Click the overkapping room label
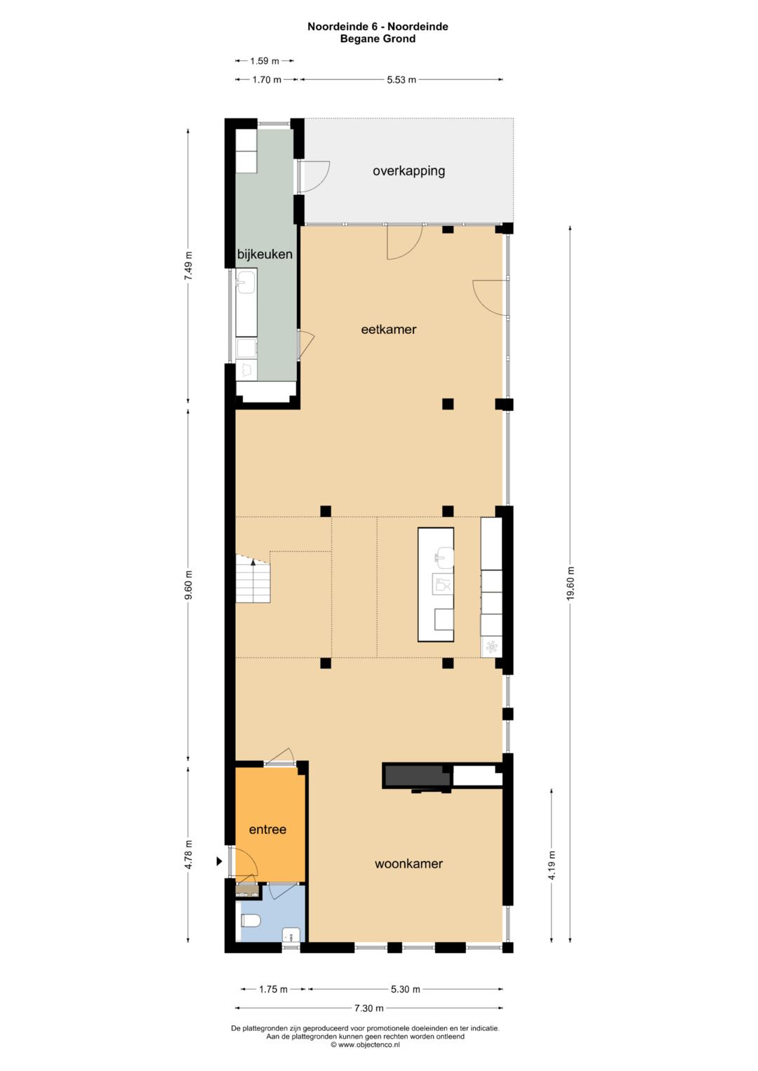pos(408,170)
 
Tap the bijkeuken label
pos(265,254)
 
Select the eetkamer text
pos(389,329)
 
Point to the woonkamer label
pos(408,863)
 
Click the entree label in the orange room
pos(267,829)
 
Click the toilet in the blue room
pos(251,920)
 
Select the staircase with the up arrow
pos(252,579)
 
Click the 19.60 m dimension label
pos(571,583)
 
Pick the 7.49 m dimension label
pos(188,266)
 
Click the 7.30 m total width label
pos(368,1008)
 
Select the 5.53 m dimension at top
pos(401,79)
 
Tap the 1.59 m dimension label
pos(264,61)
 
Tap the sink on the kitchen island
pos(444,558)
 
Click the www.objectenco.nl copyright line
pos(365,1044)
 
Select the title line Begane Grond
pos(378,39)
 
